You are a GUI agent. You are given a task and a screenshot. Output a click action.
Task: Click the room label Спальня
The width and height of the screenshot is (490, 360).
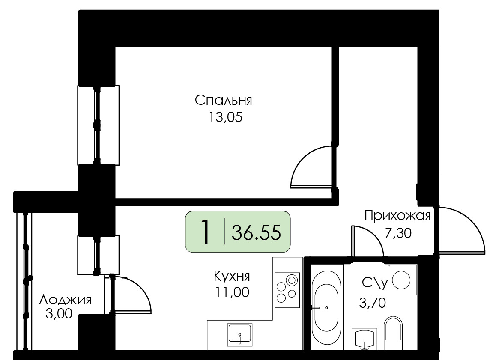pos(224,101)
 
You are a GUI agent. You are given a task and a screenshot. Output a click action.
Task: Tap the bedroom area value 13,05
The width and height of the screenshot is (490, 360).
pos(225,117)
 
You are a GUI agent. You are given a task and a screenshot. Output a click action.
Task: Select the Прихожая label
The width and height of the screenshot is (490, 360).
pos(397,215)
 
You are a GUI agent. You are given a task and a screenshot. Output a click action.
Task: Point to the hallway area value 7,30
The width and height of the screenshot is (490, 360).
pos(398,233)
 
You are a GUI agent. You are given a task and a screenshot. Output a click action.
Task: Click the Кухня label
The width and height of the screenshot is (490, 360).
pos(232,276)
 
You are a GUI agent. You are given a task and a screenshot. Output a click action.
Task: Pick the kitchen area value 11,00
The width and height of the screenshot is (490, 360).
pos(232,292)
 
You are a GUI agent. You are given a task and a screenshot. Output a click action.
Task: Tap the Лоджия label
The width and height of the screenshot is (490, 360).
pos(65,300)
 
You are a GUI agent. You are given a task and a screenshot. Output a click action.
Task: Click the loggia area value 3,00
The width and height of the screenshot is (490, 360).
pos(59,313)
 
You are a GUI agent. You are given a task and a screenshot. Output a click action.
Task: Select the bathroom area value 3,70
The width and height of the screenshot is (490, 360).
pos(372,303)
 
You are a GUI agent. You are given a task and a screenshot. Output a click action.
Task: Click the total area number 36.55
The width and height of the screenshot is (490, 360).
pos(256,232)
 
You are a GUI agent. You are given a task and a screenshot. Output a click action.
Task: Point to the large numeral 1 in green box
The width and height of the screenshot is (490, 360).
pos(205,232)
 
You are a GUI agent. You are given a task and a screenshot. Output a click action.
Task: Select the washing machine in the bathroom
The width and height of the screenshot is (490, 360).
pos(401,280)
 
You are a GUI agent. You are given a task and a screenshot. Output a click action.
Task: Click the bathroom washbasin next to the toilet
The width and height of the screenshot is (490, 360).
pos(364,339)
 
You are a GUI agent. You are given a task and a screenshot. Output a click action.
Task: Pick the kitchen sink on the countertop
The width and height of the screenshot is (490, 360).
pos(240,335)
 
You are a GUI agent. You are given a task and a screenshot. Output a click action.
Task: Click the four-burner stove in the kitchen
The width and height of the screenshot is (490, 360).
pos(287,290)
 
